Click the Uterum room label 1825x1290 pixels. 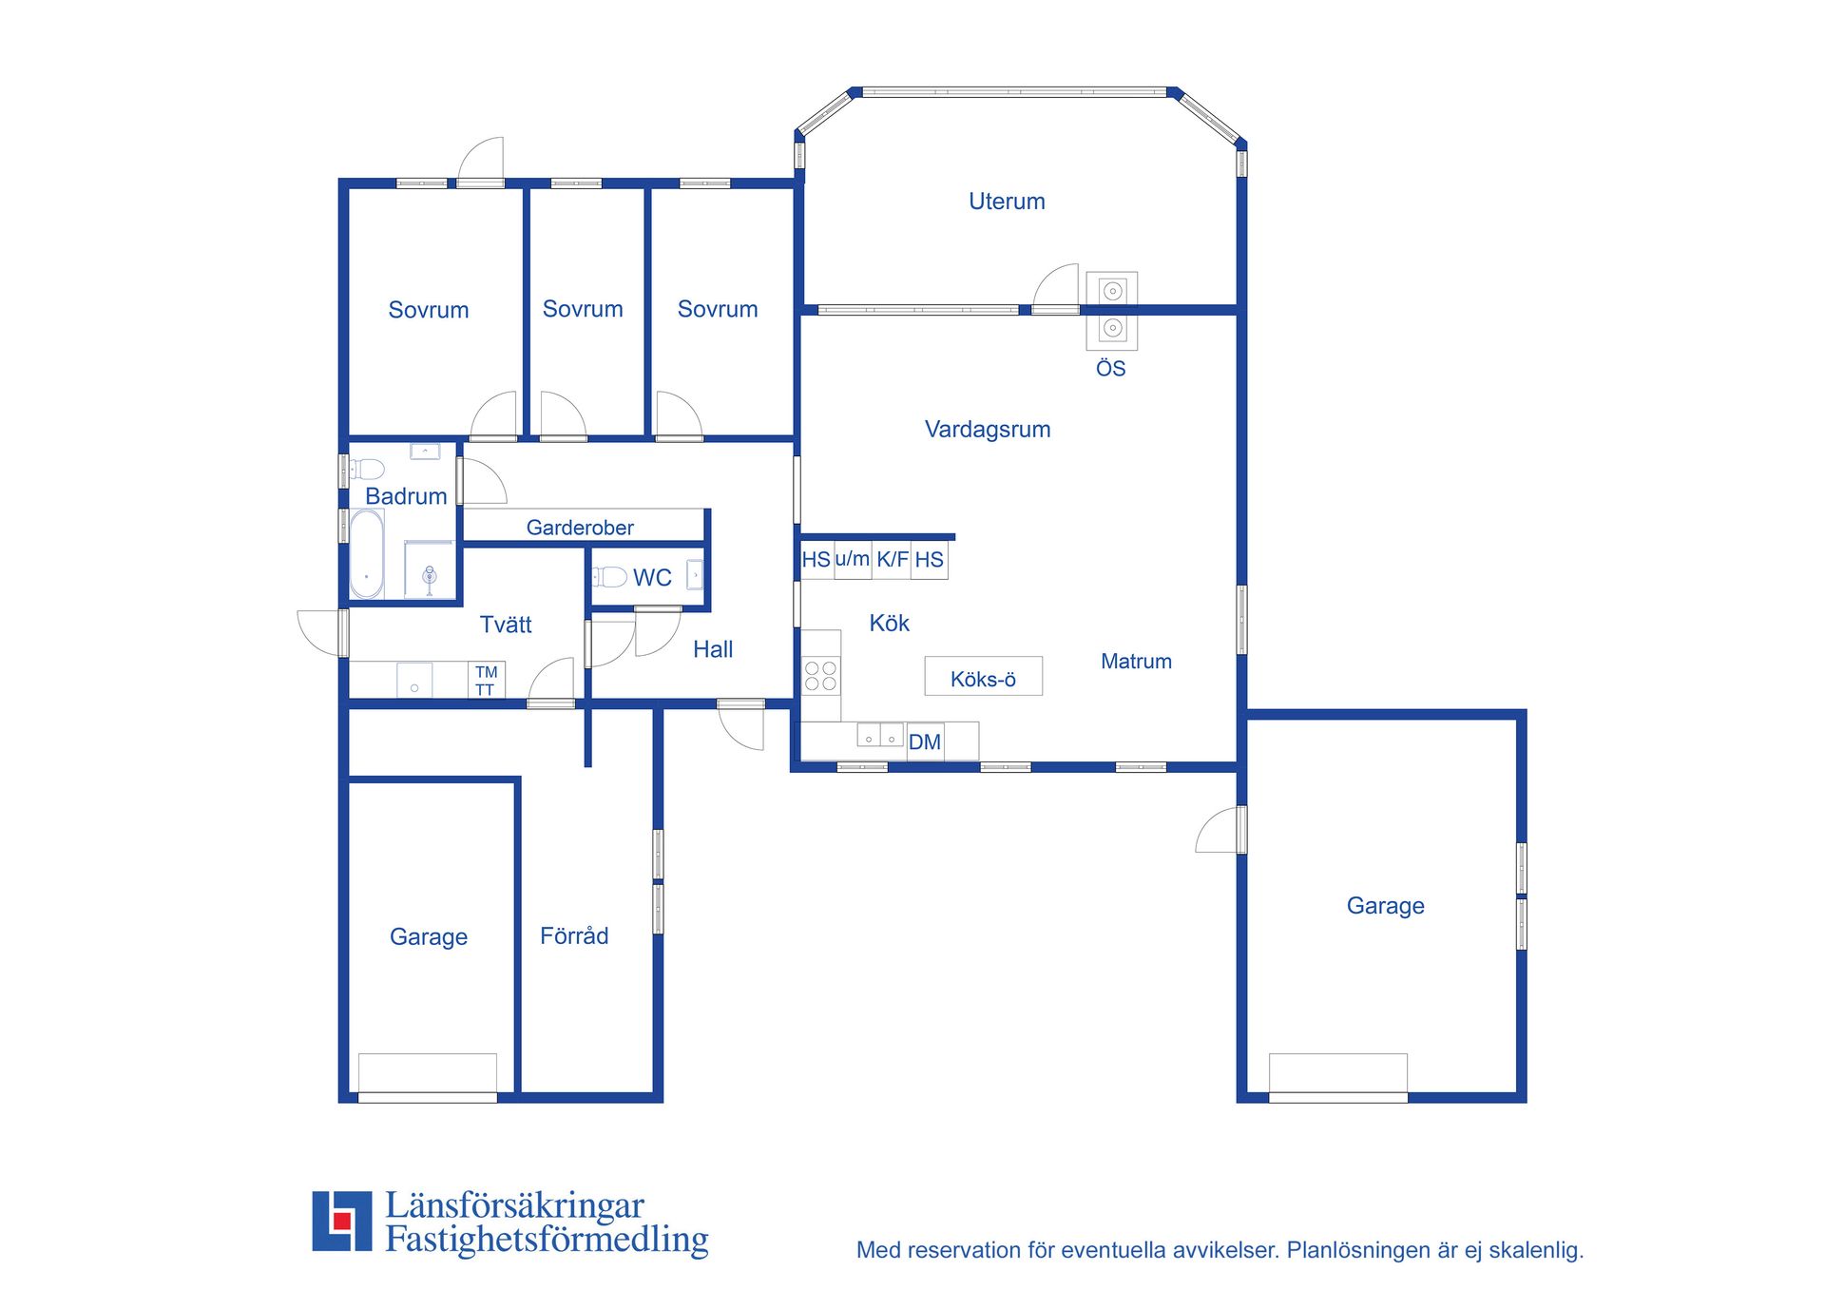tap(1007, 202)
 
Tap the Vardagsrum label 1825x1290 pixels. tap(988, 430)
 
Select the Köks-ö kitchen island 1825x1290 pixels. tap(984, 676)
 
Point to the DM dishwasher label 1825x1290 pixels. tap(925, 742)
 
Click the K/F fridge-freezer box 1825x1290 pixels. tap(892, 560)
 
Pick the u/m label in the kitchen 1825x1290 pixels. tap(853, 559)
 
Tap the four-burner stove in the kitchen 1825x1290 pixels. tap(820, 676)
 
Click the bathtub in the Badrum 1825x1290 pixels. tap(367, 555)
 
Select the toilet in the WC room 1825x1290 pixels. tap(610, 577)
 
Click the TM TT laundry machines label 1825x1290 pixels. tap(486, 681)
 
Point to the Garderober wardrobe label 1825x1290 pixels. tap(580, 528)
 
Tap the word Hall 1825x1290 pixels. tap(713, 649)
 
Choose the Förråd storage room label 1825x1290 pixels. tap(574, 935)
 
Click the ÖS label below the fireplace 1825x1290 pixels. tap(1111, 369)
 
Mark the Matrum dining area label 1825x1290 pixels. tap(1136, 662)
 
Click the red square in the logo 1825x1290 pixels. tap(342, 1221)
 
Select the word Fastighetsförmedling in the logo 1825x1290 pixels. tap(547, 1241)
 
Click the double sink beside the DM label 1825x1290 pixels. tap(880, 735)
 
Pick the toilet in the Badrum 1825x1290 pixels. tap(367, 469)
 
